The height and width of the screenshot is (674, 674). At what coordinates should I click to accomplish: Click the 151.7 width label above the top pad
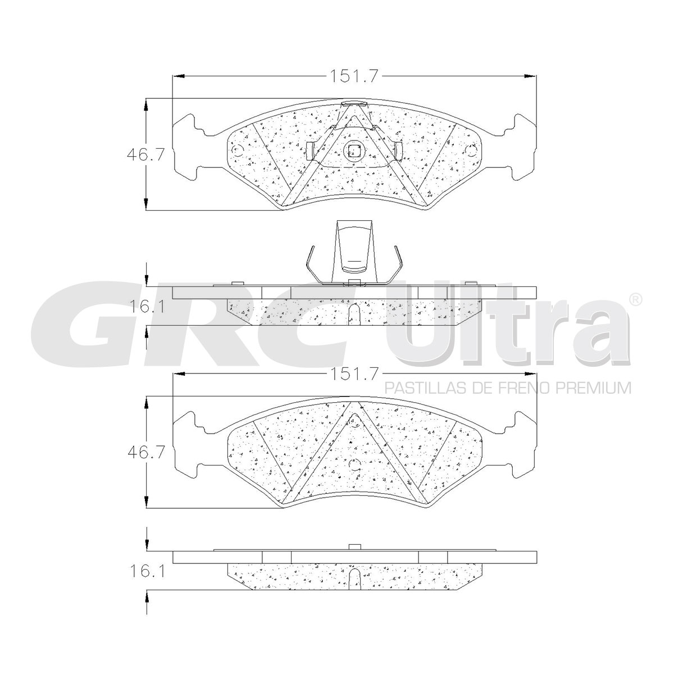coord(354,76)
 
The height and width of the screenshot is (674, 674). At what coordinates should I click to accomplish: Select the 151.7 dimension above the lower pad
coord(354,375)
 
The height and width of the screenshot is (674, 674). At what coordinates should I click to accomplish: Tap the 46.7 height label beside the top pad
coord(145,154)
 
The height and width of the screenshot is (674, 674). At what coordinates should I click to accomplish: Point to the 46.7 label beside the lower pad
coord(145,453)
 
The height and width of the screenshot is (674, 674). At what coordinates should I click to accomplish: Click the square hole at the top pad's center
coord(354,151)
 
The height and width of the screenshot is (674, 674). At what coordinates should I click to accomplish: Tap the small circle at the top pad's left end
coord(238,151)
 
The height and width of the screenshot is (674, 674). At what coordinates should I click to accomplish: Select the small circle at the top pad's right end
coord(471,151)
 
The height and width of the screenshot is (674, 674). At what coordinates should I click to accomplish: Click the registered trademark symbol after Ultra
coord(635,299)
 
